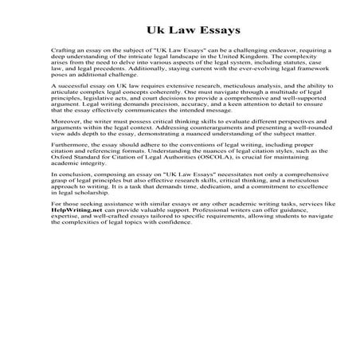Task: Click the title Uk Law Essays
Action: point(180,33)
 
